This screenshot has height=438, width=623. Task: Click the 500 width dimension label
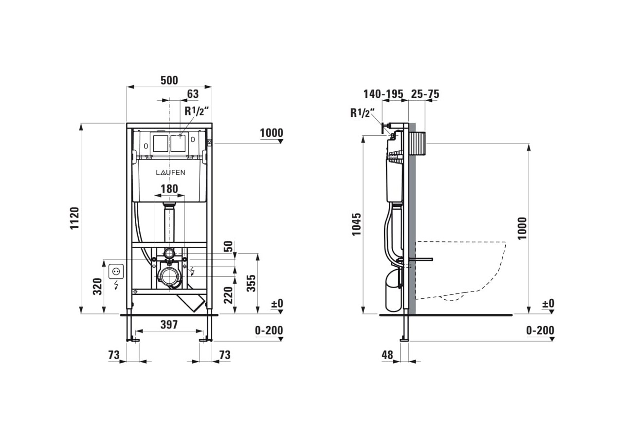(x=169, y=80)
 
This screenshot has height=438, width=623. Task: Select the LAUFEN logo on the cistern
(x=170, y=172)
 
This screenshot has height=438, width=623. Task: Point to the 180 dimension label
(x=169, y=189)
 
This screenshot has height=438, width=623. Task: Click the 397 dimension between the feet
(x=169, y=324)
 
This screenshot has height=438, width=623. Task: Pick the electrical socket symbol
(x=116, y=271)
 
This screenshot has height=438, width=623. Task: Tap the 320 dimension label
(x=97, y=286)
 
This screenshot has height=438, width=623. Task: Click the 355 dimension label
(x=252, y=283)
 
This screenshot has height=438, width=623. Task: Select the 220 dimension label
(x=228, y=295)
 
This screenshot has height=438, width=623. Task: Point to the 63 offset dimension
(x=193, y=94)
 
